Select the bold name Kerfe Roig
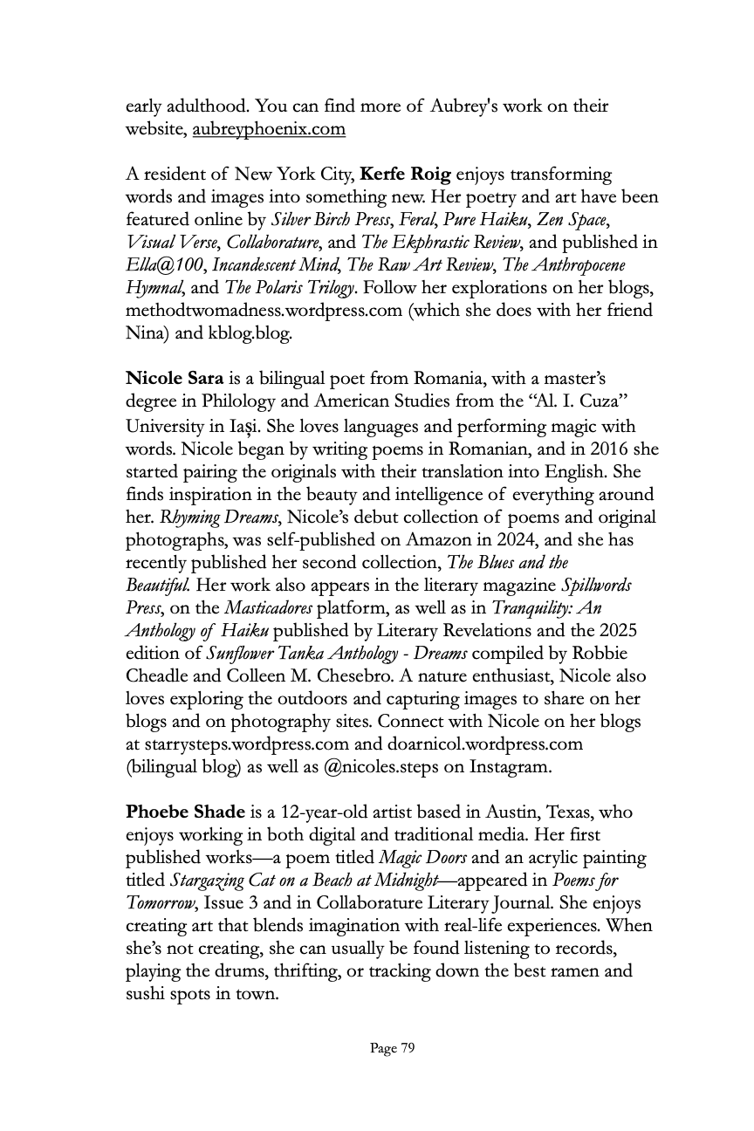pyautogui.click(x=406, y=174)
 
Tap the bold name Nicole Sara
pyautogui.click(x=175, y=379)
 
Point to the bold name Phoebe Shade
pyautogui.click(x=185, y=812)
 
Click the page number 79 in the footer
pyautogui.click(x=393, y=1048)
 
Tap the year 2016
pyautogui.click(x=595, y=449)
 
